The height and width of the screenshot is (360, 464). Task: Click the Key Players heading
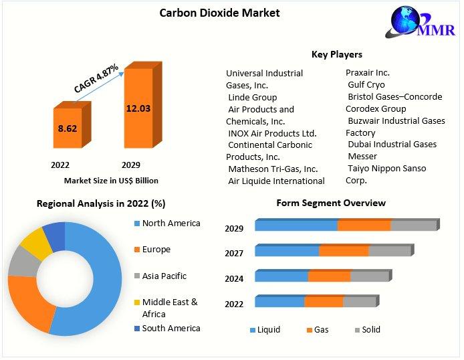pyautogui.click(x=337, y=54)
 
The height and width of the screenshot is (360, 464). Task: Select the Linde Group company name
pyautogui.click(x=252, y=97)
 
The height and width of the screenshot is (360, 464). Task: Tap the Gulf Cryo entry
pyautogui.click(x=366, y=85)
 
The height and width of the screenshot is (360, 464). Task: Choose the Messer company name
pyautogui.click(x=362, y=156)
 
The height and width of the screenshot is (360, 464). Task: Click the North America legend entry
pyautogui.click(x=170, y=223)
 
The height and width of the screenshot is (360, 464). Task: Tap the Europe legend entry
pyautogui.click(x=156, y=250)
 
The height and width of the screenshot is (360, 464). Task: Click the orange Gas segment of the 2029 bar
pyautogui.click(x=364, y=226)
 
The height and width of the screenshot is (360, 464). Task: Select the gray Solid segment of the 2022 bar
pyautogui.click(x=359, y=302)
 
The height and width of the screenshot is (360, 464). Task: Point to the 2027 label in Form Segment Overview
pyautogui.click(x=234, y=253)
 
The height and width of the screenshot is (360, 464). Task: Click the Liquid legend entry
pyautogui.click(x=265, y=329)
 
